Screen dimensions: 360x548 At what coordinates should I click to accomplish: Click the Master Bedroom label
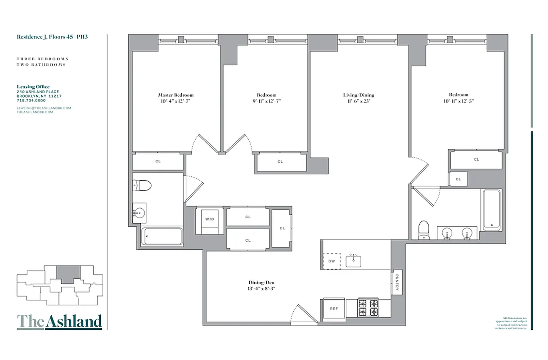[x=175, y=95]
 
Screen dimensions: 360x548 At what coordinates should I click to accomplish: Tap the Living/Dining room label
[x=358, y=95]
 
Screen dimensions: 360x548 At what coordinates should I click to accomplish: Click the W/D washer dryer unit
[x=210, y=220]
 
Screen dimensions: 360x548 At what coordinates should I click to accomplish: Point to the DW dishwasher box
[x=332, y=261]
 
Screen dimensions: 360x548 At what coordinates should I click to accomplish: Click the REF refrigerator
[x=333, y=309]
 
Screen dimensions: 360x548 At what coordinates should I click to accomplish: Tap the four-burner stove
[x=368, y=308]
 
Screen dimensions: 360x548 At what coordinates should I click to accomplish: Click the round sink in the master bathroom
[x=139, y=212]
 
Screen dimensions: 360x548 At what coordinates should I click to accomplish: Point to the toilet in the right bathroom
[x=423, y=228]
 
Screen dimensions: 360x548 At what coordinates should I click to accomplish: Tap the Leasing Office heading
[x=33, y=87]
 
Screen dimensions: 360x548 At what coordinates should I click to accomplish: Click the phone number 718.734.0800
[x=32, y=100]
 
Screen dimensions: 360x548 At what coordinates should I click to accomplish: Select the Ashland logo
[x=59, y=321]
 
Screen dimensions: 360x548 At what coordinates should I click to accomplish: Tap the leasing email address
[x=44, y=108]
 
